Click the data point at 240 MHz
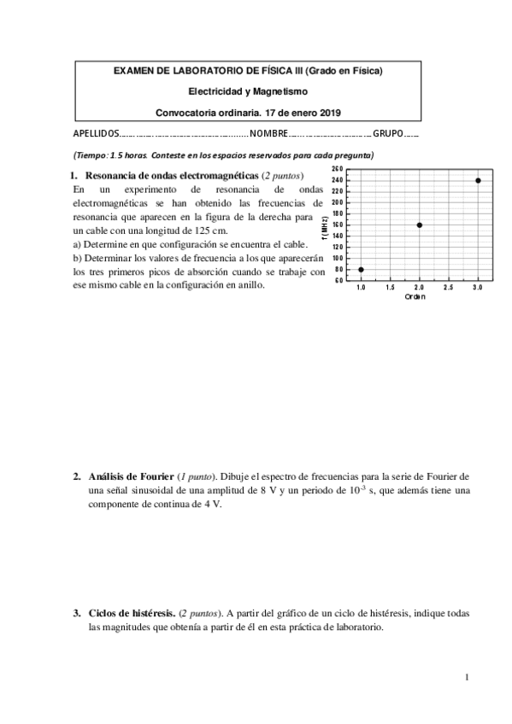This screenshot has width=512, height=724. pyautogui.click(x=478, y=180)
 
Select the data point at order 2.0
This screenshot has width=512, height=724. pyautogui.click(x=420, y=225)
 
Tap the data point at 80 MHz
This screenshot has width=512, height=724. pyautogui.click(x=361, y=269)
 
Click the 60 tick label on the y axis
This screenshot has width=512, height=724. pyautogui.click(x=338, y=280)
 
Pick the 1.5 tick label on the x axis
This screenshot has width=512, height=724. pyautogui.click(x=390, y=289)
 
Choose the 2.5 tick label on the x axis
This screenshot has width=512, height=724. pyautogui.click(x=449, y=289)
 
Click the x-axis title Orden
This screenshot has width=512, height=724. pyautogui.click(x=416, y=297)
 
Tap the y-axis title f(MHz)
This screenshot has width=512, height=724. pyautogui.click(x=326, y=225)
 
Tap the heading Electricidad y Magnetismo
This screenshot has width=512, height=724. pyautogui.click(x=248, y=91)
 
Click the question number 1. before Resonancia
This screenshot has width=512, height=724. pyautogui.click(x=74, y=175)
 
